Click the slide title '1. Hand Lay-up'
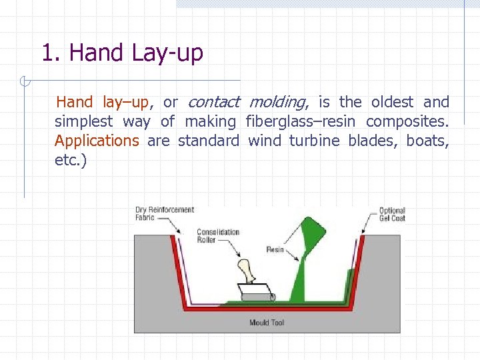[122, 53]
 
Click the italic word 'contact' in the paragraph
[213, 102]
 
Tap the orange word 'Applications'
[97, 141]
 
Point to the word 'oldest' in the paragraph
[392, 102]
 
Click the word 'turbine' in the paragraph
[314, 141]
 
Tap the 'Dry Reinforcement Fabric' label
[164, 213]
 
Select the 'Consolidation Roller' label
[217, 236]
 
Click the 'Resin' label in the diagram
[275, 249]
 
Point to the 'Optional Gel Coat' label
[392, 214]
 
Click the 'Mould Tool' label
[267, 323]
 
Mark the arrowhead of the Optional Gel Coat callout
[364, 233]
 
